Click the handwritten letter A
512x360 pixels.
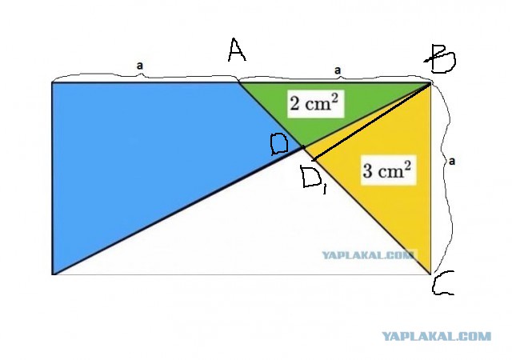(237, 50)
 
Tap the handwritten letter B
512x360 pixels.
(441, 59)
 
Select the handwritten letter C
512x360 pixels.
(442, 283)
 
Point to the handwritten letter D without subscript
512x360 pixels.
(279, 144)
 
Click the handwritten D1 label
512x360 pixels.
(313, 178)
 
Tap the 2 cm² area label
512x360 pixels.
(315, 103)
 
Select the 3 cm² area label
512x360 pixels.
(388, 170)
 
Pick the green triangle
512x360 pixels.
(326, 108)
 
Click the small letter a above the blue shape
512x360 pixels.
(140, 66)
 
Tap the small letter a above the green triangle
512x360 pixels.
(338, 70)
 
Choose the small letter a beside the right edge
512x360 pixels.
(451, 161)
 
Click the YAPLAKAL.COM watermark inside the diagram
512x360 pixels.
(370, 255)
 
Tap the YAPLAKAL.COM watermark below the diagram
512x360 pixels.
(436, 336)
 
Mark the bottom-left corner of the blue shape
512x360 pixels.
(52, 274)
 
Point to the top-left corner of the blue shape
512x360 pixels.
(52, 82)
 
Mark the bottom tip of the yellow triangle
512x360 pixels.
(430, 274)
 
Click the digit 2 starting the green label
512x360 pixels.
(294, 105)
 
